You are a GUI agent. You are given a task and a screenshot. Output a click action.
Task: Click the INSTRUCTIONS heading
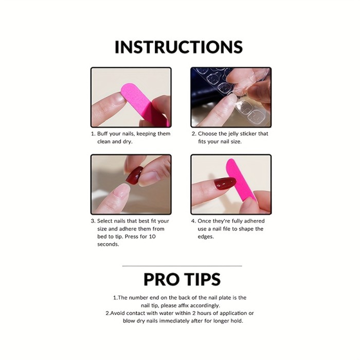178,47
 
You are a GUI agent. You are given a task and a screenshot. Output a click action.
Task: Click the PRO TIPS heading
182,279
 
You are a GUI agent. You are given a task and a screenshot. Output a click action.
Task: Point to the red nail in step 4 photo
225,183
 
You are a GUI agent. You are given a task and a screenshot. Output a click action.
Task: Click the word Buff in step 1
104,134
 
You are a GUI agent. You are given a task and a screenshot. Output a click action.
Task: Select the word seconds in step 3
108,244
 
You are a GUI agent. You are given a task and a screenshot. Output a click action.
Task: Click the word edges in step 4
206,237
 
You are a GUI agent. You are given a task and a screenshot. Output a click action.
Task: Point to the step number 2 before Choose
193,134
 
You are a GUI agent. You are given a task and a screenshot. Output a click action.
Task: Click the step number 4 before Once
193,221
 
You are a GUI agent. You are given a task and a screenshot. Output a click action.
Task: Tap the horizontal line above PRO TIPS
182,266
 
